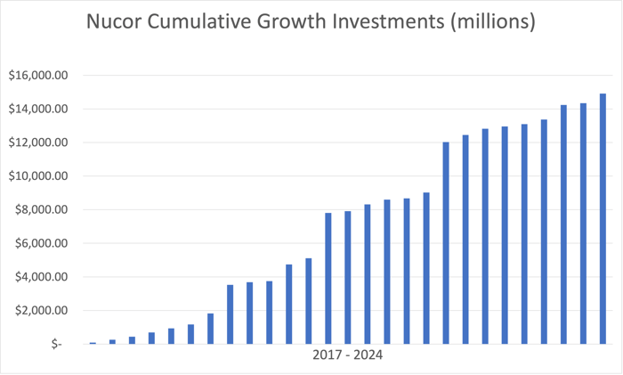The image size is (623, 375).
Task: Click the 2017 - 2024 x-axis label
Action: point(348,355)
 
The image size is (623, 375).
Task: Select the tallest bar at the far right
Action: point(603,218)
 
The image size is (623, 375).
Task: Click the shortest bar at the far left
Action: point(93,342)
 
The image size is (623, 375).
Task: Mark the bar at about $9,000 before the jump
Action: point(426,267)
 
